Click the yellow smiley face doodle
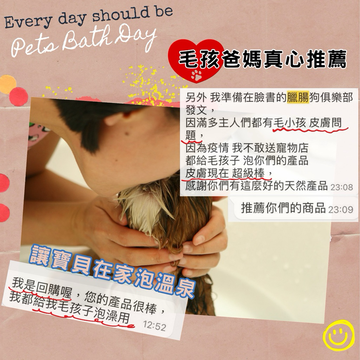(338, 335)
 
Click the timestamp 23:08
(341, 187)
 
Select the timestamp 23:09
(340, 210)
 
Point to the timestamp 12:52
(155, 326)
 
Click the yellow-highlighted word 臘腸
(298, 98)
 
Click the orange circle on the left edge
(8, 84)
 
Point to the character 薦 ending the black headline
(337, 59)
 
